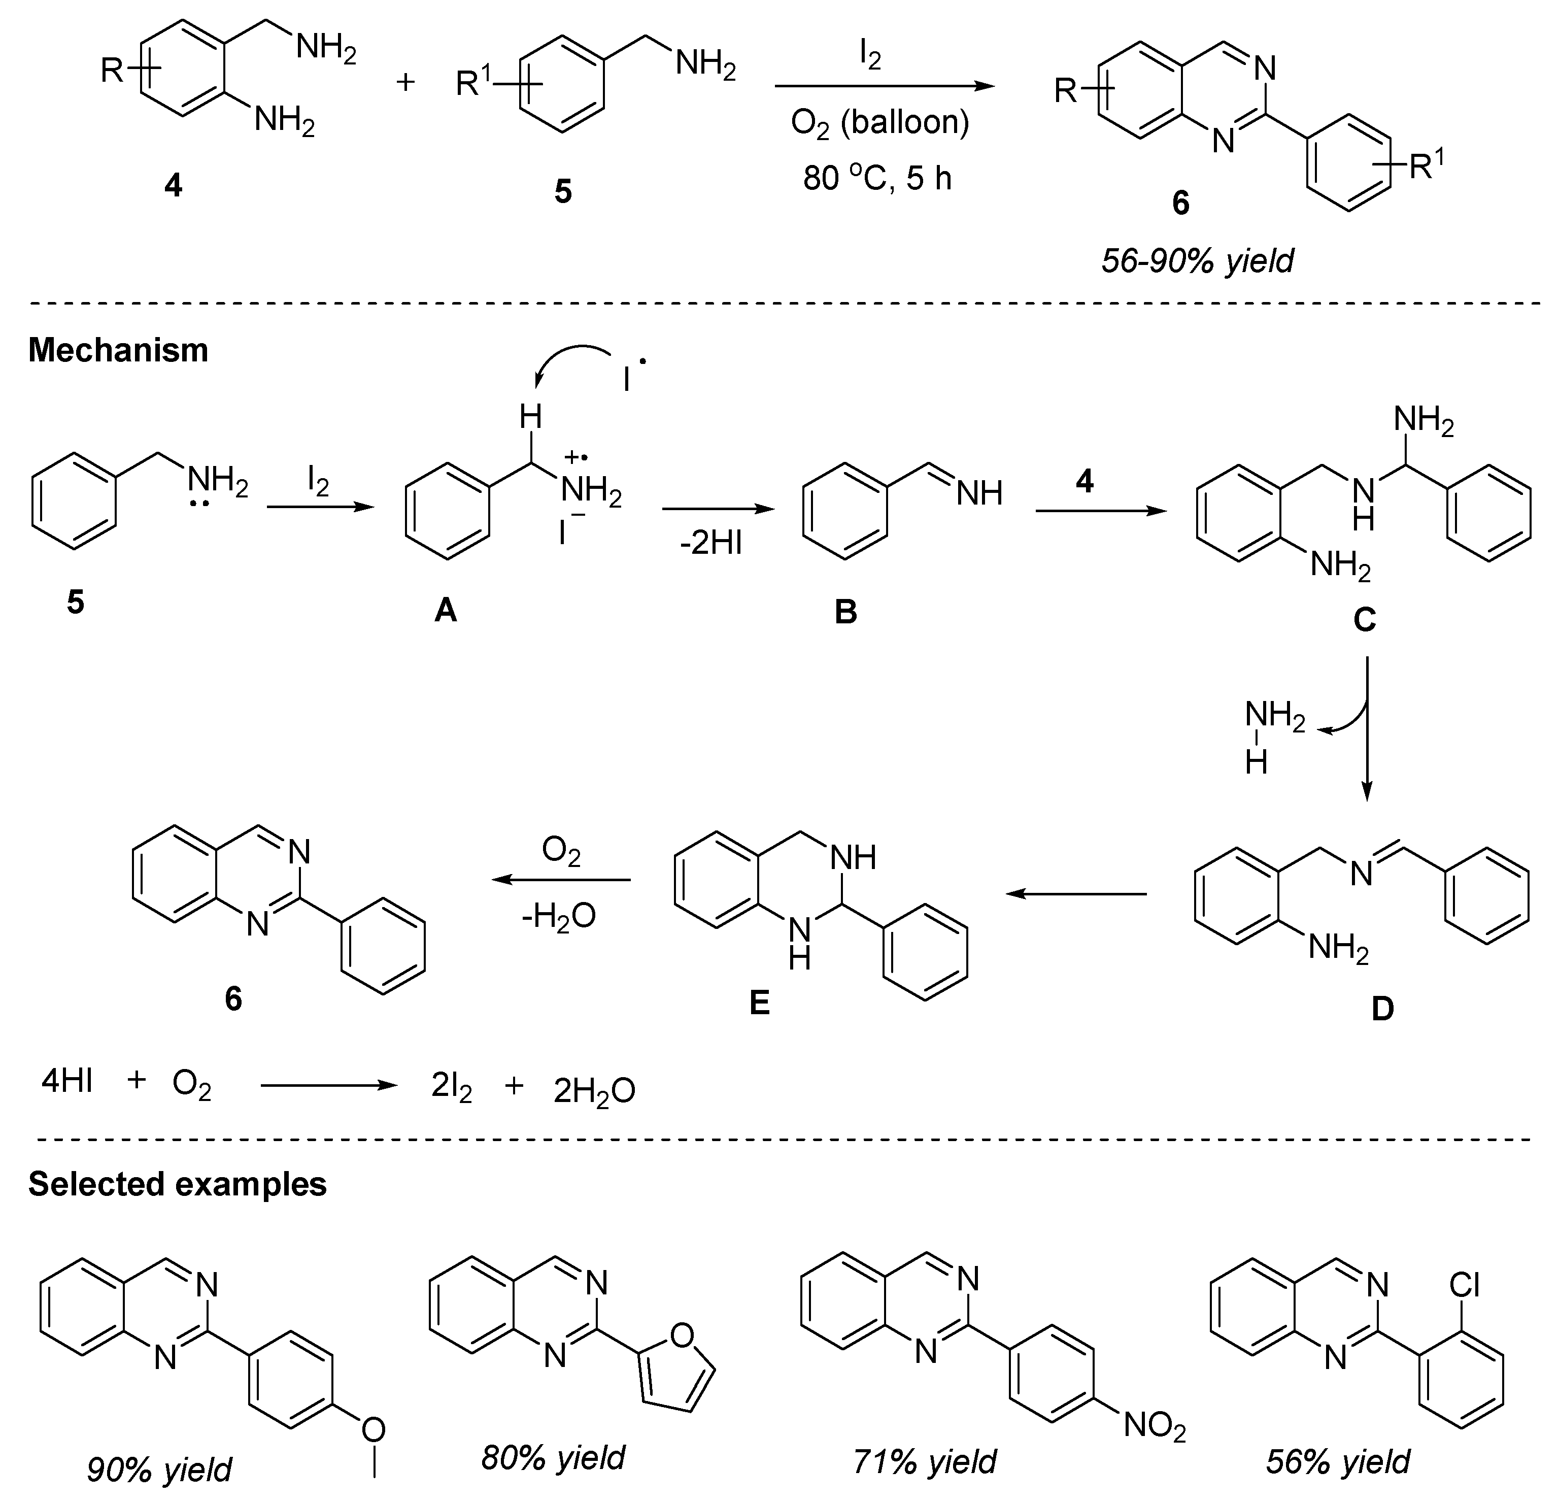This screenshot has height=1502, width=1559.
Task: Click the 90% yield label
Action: pos(159,1470)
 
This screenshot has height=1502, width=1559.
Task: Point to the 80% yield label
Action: pos(553,1457)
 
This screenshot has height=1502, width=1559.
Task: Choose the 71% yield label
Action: pos(924,1461)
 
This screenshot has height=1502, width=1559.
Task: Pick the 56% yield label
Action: pos(1338,1461)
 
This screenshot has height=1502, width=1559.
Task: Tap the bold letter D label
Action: pos(1382,1009)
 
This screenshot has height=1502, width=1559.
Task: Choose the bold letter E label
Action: pos(760,1004)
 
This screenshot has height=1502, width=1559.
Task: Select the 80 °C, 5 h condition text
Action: pos(877,178)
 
